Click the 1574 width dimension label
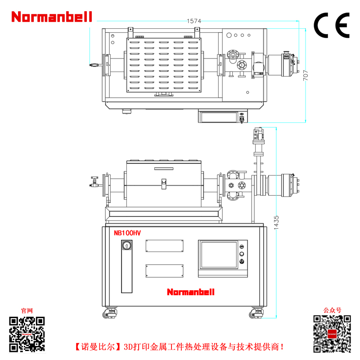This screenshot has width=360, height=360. (194, 21)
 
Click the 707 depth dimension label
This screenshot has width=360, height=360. (306, 75)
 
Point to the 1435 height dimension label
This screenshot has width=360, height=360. (276, 222)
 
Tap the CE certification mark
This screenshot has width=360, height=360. (332, 25)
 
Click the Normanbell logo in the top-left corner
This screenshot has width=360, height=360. (52, 17)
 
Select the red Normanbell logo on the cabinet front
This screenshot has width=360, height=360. (191, 292)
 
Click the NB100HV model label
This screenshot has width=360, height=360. (127, 233)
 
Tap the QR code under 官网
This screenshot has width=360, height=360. (27, 334)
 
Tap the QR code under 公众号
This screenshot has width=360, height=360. (332, 334)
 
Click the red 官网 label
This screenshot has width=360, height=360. (27, 310)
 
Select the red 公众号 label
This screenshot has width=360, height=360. (332, 310)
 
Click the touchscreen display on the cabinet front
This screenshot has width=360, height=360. (219, 255)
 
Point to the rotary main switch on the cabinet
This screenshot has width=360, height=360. (127, 246)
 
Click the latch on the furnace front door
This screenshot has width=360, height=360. (164, 184)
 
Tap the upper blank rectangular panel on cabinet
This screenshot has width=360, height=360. (164, 246)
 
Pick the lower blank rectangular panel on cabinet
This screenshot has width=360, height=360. (164, 271)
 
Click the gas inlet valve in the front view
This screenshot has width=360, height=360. (94, 182)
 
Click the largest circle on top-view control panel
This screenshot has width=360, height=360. (229, 35)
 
